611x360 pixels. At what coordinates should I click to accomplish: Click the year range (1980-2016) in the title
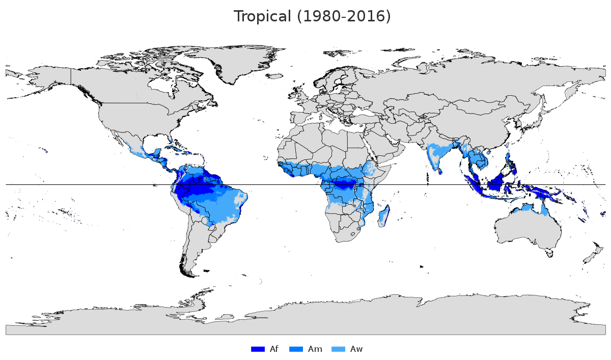(x=344, y=16)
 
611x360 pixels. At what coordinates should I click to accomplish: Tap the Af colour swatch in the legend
(x=258, y=349)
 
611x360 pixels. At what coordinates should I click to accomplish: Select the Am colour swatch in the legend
(x=296, y=349)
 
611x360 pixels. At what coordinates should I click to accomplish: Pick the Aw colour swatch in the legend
(x=338, y=349)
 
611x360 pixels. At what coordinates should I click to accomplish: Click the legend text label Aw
(x=356, y=349)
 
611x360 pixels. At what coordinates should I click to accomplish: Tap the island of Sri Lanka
(x=440, y=171)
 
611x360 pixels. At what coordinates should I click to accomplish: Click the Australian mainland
(x=527, y=227)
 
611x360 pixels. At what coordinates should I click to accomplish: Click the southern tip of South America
(x=191, y=272)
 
